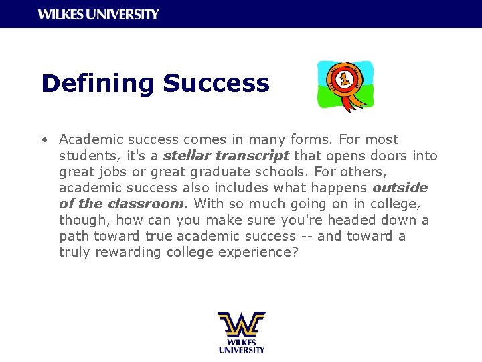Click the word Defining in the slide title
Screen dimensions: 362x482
tap(97, 84)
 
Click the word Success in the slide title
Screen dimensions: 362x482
tap(216, 84)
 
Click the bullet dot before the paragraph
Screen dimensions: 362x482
tap(43, 140)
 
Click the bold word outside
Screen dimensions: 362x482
tap(400, 188)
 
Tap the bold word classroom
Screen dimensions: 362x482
tap(145, 204)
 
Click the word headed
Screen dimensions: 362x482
tap(365, 221)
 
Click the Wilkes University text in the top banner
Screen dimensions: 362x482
tap(98, 14)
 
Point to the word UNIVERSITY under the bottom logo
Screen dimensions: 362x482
tap(241, 350)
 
